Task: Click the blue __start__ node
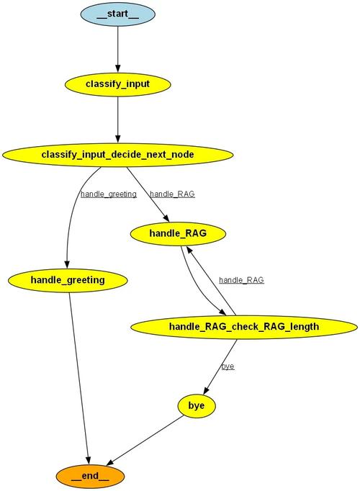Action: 117,14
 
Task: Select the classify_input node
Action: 117,84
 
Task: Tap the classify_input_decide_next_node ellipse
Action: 117,154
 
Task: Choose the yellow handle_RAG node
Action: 178,233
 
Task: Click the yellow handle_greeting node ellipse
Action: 68,279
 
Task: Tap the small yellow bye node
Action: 197,406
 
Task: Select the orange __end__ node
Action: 90,476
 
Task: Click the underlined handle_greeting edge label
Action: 109,194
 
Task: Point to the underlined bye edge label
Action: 228,366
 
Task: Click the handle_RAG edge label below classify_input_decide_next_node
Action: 172,194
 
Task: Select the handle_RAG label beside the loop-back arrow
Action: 241,280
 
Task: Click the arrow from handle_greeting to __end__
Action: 78,374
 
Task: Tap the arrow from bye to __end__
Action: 144,440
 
